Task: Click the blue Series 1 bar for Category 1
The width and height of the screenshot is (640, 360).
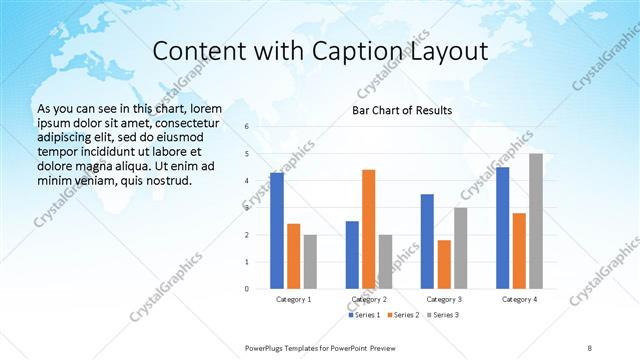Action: [277, 230]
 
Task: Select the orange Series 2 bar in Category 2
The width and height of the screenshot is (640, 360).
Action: [369, 229]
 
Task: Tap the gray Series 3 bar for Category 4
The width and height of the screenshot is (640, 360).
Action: [536, 221]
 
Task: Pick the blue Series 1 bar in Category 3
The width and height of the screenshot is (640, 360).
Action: [427, 241]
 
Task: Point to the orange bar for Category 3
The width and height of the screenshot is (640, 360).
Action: [444, 264]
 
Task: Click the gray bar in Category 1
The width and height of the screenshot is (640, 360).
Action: [310, 261]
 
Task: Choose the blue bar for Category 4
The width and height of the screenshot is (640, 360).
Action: [502, 227]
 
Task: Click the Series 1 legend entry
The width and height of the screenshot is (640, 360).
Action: [364, 315]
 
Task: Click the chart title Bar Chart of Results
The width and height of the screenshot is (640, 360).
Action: [401, 110]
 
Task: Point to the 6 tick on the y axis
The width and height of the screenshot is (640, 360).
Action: [246, 127]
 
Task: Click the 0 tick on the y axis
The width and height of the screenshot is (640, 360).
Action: [246, 289]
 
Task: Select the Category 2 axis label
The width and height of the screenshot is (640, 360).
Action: [369, 299]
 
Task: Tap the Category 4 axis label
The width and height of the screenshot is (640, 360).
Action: [519, 299]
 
